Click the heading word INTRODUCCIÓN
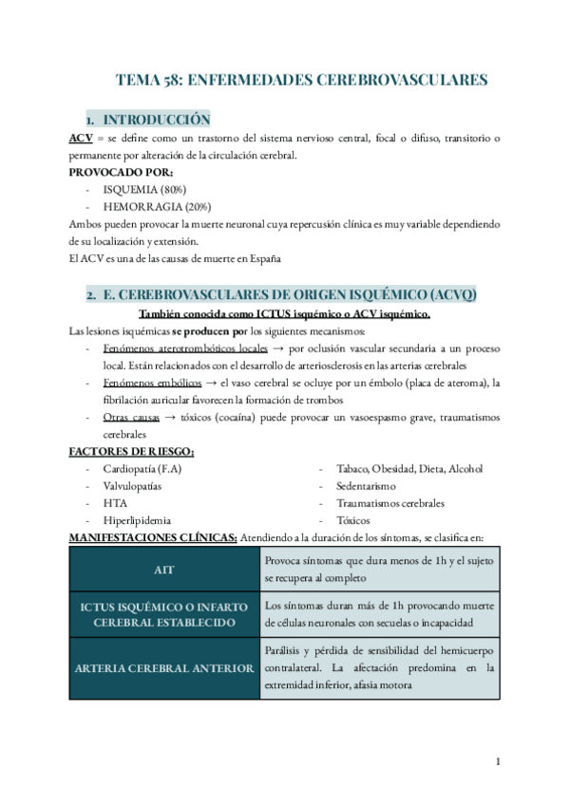(x=155, y=121)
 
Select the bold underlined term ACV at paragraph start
(x=81, y=140)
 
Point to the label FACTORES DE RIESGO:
(x=132, y=451)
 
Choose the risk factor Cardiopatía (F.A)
(x=142, y=469)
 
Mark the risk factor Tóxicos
(x=354, y=520)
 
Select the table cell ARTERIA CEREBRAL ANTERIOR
(x=163, y=668)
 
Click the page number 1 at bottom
(x=499, y=762)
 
